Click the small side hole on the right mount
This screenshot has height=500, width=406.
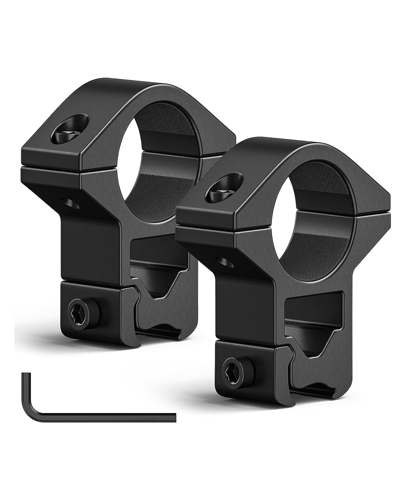[x=225, y=260]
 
